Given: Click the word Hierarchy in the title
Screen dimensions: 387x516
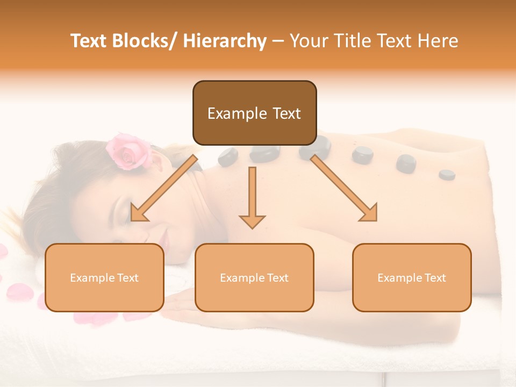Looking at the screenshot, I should pyautogui.click(x=225, y=41).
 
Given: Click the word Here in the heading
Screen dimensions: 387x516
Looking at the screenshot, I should pyautogui.click(x=438, y=41).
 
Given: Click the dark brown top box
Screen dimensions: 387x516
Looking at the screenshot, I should pyautogui.click(x=254, y=113).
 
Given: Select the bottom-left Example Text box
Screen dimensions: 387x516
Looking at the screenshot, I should pyautogui.click(x=104, y=277).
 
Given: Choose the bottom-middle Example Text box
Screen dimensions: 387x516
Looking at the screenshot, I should pyautogui.click(x=254, y=277).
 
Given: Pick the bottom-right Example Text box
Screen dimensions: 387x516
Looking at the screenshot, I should pyautogui.click(x=412, y=277).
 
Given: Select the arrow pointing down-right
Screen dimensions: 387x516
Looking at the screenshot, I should pyautogui.click(x=344, y=188).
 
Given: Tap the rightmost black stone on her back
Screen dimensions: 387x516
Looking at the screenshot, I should pyautogui.click(x=447, y=174).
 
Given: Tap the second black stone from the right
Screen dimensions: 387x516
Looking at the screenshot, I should pyautogui.click(x=406, y=163).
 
